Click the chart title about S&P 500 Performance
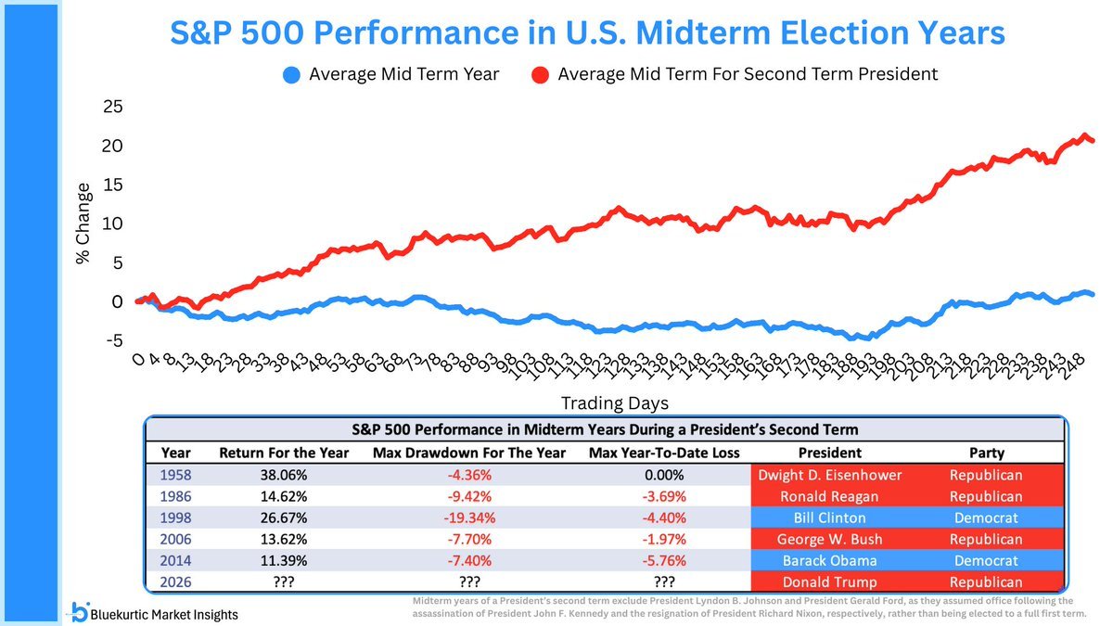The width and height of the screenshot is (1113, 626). point(588,33)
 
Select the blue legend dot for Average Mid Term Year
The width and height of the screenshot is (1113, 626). point(292,74)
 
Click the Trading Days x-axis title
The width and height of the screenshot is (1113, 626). point(614,403)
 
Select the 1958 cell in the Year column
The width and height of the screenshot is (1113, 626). point(176,475)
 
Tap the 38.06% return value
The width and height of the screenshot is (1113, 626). point(284,475)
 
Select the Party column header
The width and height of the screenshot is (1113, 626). point(987,453)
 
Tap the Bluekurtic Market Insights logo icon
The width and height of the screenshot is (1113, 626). point(81,611)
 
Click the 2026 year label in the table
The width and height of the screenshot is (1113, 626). point(176,582)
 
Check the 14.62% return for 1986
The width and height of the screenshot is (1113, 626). point(284,496)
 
